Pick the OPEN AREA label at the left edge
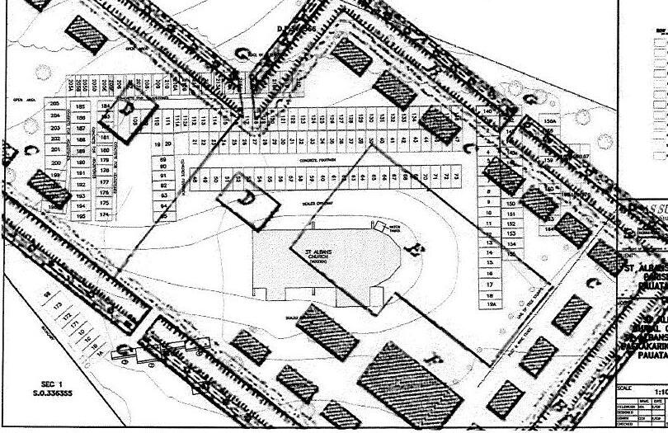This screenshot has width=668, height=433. pyautogui.click(x=27, y=100)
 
